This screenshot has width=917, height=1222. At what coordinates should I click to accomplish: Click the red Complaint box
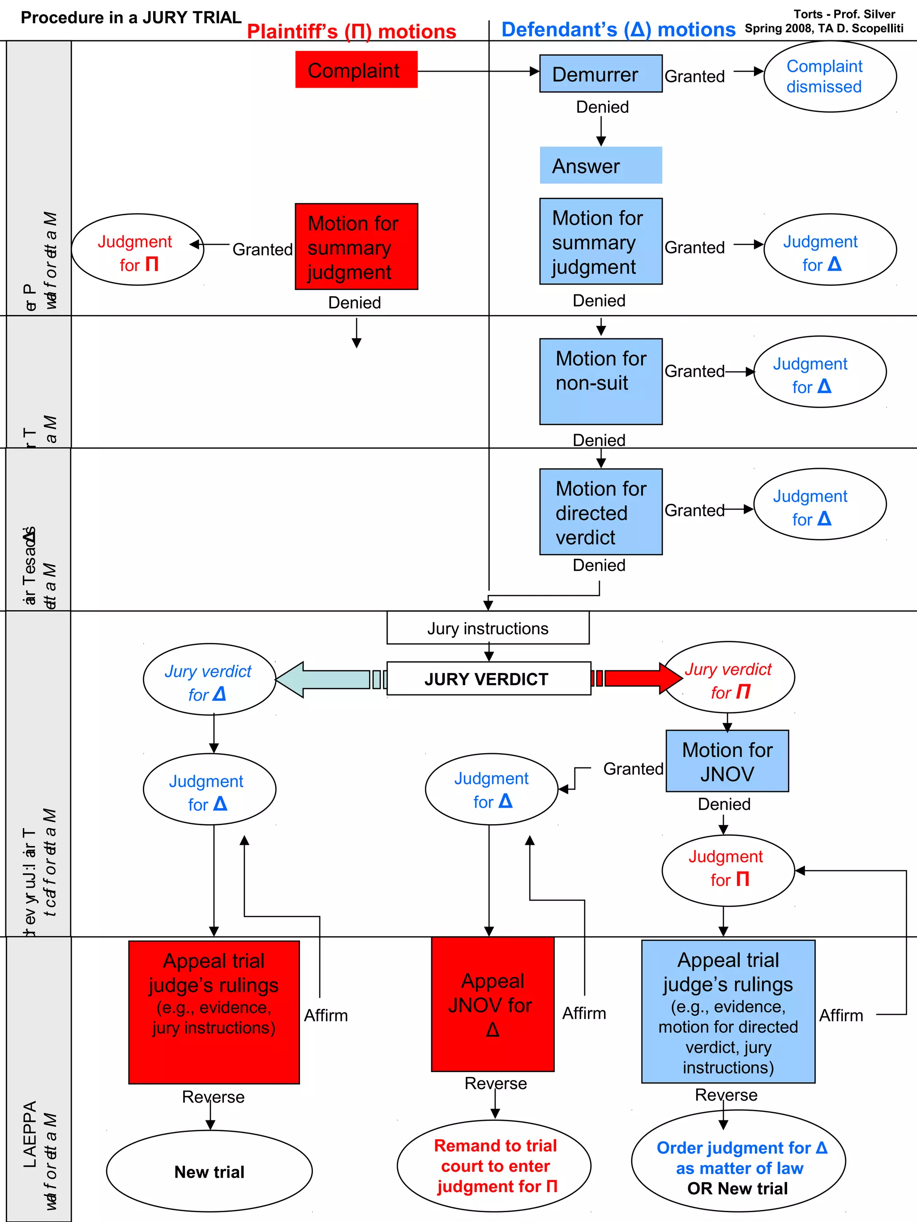356,70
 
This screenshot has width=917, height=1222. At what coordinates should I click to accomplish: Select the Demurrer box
600,73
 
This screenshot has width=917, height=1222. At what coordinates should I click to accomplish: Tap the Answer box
600,165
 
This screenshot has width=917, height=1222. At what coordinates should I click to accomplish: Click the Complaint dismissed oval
829,76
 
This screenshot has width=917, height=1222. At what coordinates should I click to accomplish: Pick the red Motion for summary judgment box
356,247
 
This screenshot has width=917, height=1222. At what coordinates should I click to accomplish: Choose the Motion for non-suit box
600,381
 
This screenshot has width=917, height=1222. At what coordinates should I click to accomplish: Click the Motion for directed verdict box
600,511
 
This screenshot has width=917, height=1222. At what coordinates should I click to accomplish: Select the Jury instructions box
488,628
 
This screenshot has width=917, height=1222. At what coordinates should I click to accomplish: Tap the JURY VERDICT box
488,678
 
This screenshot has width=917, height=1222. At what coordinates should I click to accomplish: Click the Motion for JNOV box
727,761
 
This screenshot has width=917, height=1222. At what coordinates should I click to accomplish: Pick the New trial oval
209,1171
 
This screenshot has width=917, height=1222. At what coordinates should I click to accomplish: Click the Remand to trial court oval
493,1166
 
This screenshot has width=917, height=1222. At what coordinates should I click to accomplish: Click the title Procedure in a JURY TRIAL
131,18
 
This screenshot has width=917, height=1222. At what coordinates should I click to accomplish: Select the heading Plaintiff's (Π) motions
351,31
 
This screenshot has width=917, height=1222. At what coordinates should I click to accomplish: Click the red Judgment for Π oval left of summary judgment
137,250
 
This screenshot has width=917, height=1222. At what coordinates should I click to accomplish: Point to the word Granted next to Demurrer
694,76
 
